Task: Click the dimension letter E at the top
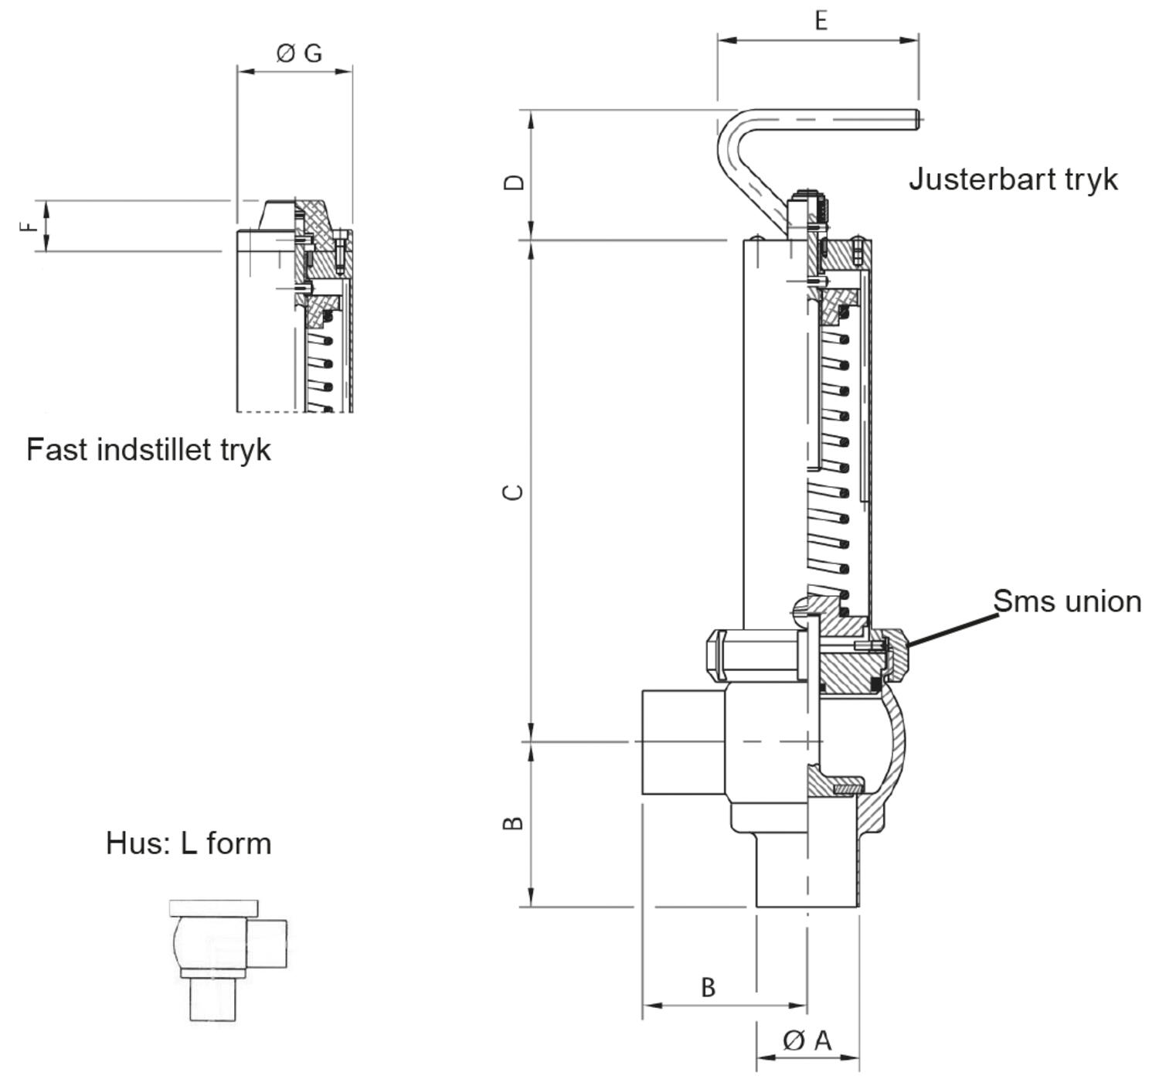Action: (x=821, y=20)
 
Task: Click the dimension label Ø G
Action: (x=299, y=53)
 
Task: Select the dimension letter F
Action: (x=28, y=226)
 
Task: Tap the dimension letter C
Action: (x=513, y=492)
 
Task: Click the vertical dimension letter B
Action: (x=513, y=823)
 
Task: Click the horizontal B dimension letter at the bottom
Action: (x=708, y=987)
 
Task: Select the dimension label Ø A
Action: (x=807, y=1040)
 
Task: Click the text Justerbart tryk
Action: (x=1013, y=179)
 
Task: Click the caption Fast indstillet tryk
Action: (x=149, y=450)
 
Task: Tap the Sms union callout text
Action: (x=1067, y=601)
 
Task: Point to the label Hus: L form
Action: (x=189, y=843)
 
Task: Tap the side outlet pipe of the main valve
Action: (x=683, y=742)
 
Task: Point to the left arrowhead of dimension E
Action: (x=727, y=40)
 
